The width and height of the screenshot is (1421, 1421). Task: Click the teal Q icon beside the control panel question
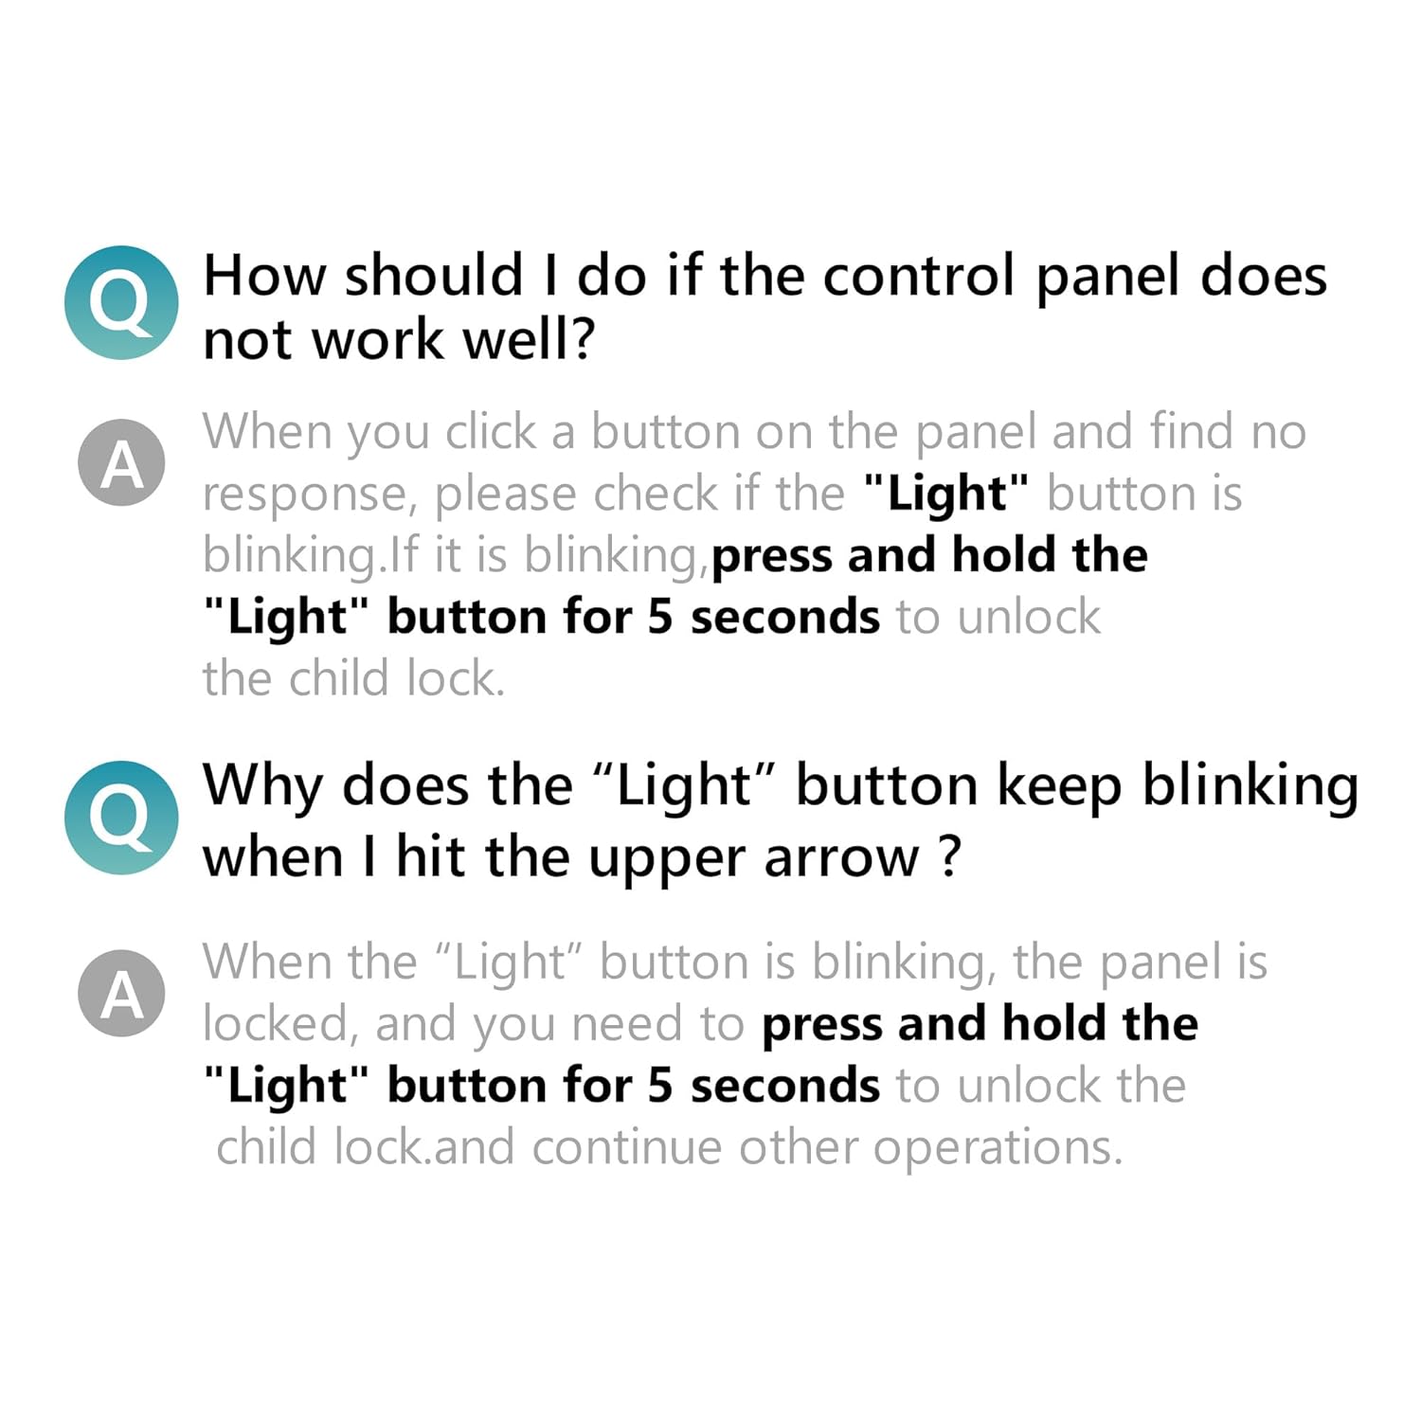(121, 302)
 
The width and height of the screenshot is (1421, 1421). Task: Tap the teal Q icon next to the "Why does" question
(121, 818)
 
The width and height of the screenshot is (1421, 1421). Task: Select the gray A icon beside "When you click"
(121, 463)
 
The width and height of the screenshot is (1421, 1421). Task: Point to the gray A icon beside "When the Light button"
(121, 994)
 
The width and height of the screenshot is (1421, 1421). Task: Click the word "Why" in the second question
(262, 786)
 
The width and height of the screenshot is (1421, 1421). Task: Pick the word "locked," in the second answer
(280, 1025)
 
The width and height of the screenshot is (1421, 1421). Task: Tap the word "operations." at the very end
(998, 1149)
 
